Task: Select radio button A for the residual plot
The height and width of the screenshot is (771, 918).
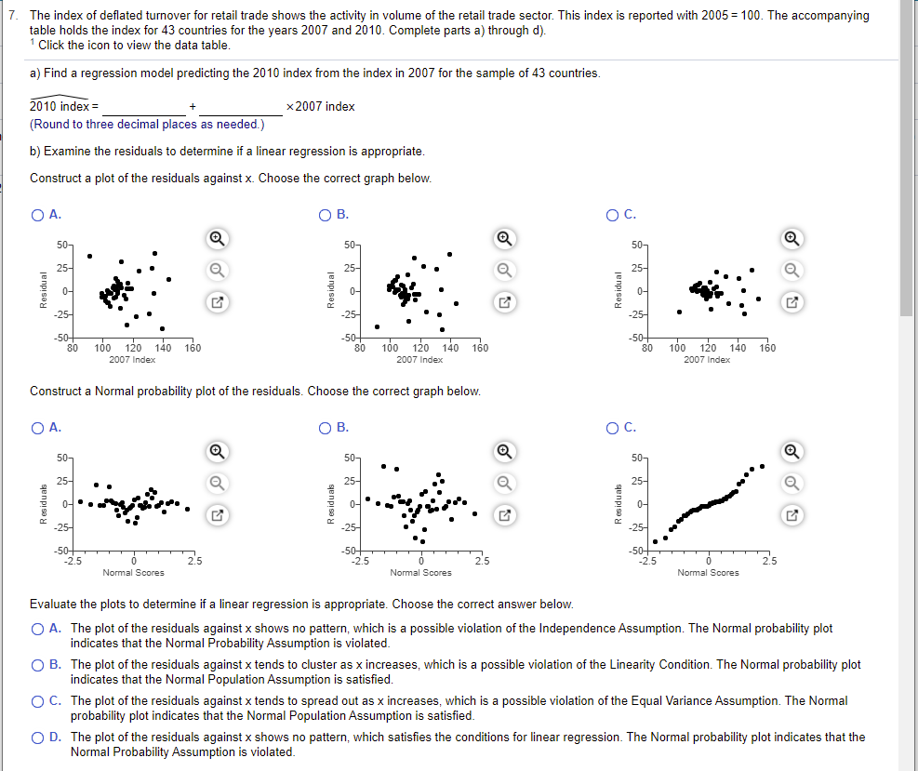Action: coord(37,215)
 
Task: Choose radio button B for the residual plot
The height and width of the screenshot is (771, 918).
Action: coord(325,215)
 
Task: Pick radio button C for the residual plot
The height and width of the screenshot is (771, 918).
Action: coord(613,215)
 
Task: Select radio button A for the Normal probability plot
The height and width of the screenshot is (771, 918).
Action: coord(37,428)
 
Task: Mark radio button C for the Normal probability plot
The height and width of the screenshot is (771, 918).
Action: coord(613,428)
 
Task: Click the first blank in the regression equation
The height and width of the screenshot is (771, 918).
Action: coord(144,107)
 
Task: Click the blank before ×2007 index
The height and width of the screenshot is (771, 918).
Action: coord(242,107)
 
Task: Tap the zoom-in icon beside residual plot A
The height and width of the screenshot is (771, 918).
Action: coord(215,238)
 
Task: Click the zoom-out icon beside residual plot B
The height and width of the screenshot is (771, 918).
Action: coord(503,270)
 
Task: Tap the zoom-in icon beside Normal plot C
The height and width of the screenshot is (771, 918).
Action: coord(792,450)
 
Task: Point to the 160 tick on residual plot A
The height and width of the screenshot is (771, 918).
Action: coord(193,348)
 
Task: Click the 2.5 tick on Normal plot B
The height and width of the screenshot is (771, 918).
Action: coord(482,560)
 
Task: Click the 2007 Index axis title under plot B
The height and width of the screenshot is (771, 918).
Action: coord(419,359)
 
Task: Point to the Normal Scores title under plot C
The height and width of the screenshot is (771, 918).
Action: coord(709,573)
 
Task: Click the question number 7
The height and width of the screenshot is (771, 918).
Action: coord(13,16)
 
